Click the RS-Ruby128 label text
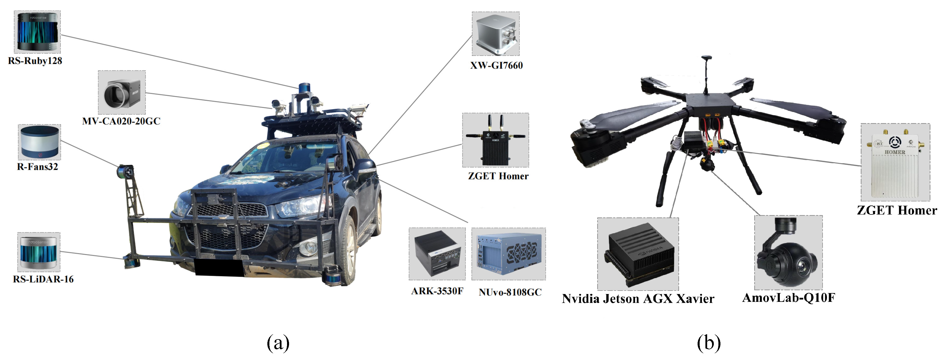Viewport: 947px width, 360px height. [x=35, y=61]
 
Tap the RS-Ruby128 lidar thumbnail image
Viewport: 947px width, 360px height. [x=37, y=32]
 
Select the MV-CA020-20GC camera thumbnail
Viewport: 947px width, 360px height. [x=122, y=92]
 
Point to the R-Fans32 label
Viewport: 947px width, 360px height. [x=38, y=167]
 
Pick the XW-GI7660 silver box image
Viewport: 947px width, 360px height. [x=496, y=34]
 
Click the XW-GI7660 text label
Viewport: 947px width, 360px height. [x=496, y=65]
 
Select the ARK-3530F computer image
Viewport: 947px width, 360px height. [x=437, y=254]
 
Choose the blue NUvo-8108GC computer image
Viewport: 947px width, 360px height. [x=508, y=254]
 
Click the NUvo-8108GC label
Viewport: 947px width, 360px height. [x=510, y=292]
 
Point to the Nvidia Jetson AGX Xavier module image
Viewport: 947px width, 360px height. [x=638, y=254]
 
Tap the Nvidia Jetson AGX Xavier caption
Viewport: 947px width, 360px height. [x=638, y=299]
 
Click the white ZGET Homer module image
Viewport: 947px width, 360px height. [x=895, y=162]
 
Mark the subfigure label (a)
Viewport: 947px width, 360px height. [x=278, y=343]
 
